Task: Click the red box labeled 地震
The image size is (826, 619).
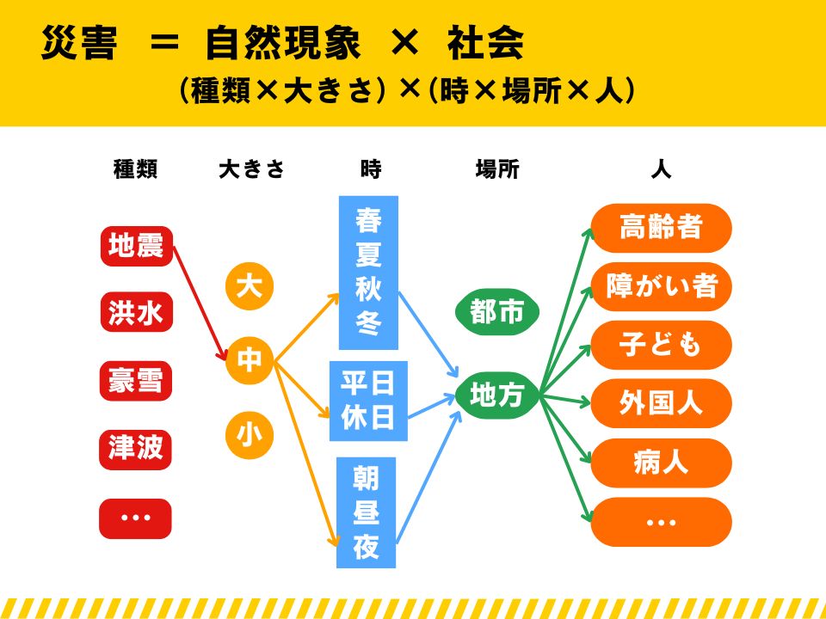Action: pos(137,246)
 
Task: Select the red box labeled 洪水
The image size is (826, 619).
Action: pos(137,312)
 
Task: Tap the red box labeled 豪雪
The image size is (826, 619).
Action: pos(136,381)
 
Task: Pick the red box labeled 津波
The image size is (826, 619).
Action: pos(135,450)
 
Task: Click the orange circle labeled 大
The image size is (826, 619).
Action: pos(250,286)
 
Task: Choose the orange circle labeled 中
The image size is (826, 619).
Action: pos(250,360)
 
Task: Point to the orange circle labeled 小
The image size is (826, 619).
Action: pos(250,435)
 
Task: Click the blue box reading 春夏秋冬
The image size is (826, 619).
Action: pos(368,273)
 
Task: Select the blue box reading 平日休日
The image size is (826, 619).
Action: pos(368,401)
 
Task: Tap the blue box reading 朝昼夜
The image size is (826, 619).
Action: pos(367,512)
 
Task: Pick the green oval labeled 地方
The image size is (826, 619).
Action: pos(497,395)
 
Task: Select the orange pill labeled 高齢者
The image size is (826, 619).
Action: pos(661,228)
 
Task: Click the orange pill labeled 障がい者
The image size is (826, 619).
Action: pos(661,286)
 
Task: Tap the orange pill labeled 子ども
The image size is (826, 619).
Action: pos(661,345)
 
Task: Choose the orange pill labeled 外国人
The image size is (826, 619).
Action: pos(661,403)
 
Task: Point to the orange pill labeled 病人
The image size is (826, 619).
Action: pos(661,463)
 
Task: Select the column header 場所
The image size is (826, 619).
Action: pos(497,169)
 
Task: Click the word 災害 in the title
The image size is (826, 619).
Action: pos(79,43)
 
